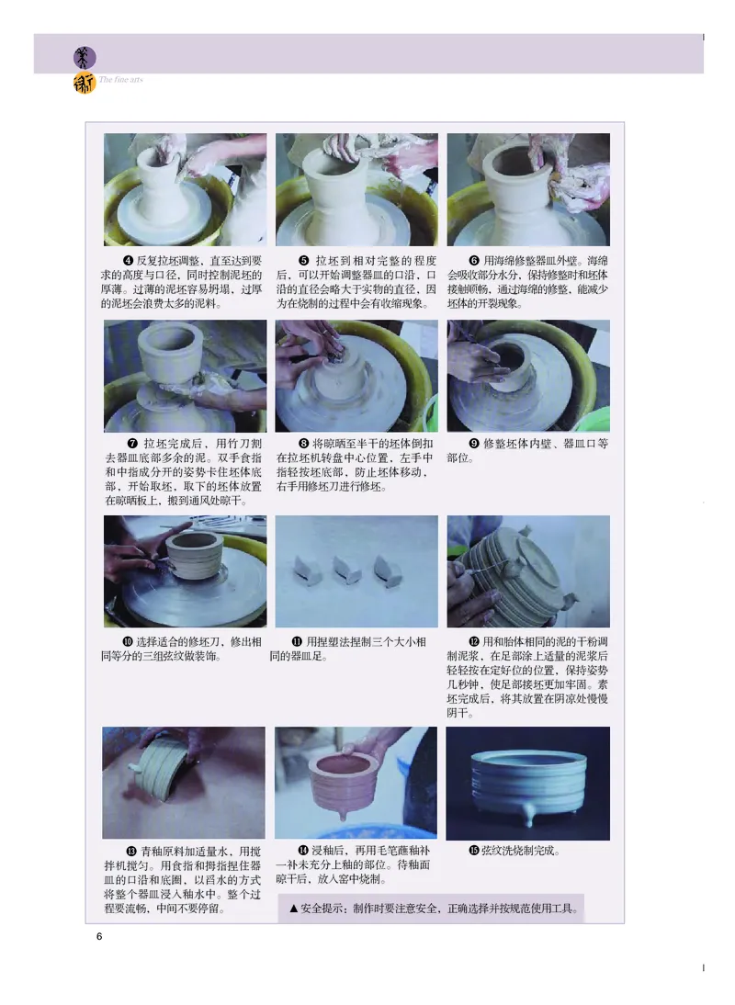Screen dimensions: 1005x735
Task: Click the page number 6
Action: [99, 936]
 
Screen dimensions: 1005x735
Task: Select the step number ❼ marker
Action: [132, 443]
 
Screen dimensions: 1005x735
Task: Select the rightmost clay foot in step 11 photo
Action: [387, 570]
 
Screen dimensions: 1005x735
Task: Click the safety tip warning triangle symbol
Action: [294, 909]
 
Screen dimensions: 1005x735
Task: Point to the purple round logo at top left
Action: [85, 57]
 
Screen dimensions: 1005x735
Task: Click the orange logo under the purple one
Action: [85, 85]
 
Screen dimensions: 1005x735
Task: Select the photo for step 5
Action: [356, 189]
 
